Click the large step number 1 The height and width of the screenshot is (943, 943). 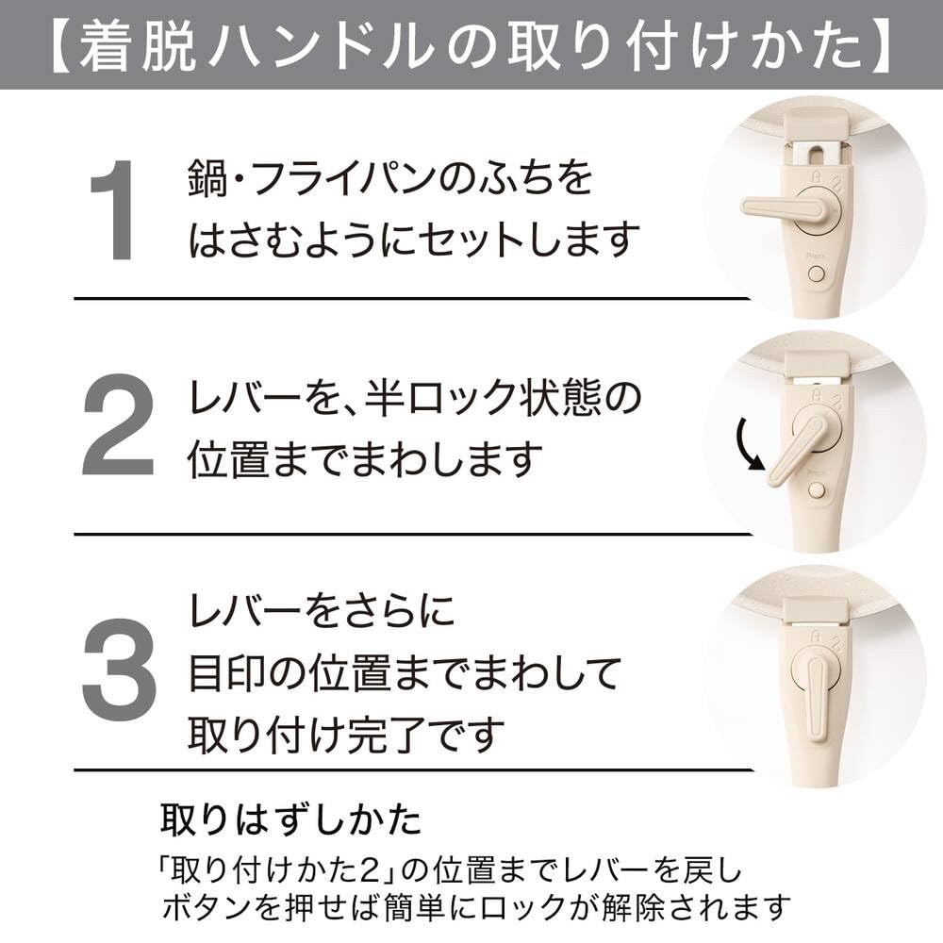pyautogui.click(x=113, y=209)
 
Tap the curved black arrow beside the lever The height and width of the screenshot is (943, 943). pyautogui.click(x=748, y=445)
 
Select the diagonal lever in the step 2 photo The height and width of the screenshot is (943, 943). pyautogui.click(x=794, y=455)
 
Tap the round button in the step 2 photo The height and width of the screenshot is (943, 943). pyautogui.click(x=816, y=490)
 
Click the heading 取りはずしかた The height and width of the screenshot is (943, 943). pyautogui.click(x=291, y=819)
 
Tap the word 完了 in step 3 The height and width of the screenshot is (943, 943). pyautogui.click(x=388, y=735)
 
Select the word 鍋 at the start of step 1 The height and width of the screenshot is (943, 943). pyautogui.click(x=207, y=178)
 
